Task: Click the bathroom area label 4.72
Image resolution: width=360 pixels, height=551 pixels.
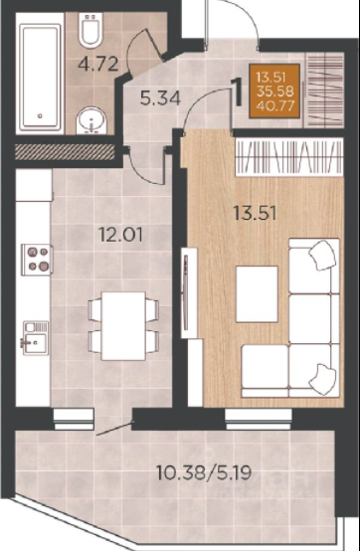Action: [98, 64]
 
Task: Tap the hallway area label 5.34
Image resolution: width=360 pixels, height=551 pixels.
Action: [160, 98]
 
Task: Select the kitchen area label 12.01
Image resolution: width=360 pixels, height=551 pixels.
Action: [121, 235]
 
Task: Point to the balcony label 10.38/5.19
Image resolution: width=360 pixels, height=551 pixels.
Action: [205, 473]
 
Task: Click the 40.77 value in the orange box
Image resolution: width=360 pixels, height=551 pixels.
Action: [275, 105]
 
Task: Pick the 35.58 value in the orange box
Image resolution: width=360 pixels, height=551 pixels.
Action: [275, 92]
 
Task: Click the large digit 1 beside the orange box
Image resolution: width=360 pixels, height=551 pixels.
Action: [237, 92]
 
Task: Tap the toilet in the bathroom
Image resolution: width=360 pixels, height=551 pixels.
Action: [90, 30]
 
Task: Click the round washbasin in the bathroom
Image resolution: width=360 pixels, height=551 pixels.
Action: [91, 120]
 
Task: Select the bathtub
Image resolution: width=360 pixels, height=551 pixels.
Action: [40, 77]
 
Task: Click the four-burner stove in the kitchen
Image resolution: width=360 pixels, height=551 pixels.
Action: [37, 260]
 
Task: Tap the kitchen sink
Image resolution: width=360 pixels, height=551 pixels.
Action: [36, 338]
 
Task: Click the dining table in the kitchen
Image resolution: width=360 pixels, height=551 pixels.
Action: [123, 326]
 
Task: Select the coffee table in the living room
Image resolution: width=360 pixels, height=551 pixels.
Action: [257, 293]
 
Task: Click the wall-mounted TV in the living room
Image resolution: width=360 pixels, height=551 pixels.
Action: [186, 292]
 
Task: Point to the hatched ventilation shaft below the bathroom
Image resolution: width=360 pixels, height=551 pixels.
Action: [65, 151]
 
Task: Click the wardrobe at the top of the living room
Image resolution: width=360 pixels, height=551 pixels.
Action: [289, 156]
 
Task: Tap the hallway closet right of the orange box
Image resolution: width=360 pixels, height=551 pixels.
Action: [323, 90]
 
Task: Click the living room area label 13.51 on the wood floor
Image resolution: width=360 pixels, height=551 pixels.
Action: [256, 213]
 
